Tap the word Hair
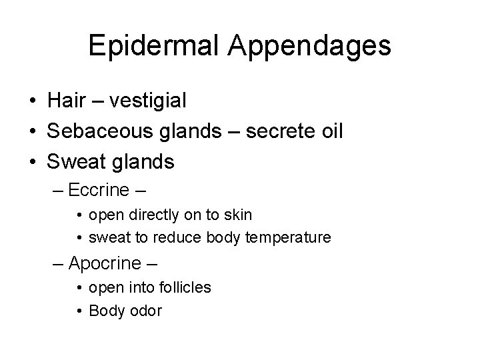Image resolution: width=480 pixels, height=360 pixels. point(64,101)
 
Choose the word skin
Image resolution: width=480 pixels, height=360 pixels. point(238,215)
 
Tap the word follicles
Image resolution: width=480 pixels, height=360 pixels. point(183,288)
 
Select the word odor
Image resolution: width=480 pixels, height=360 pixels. point(146,311)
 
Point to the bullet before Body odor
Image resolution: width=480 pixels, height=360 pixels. point(79,311)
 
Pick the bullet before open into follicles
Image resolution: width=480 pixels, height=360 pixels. point(79,288)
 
